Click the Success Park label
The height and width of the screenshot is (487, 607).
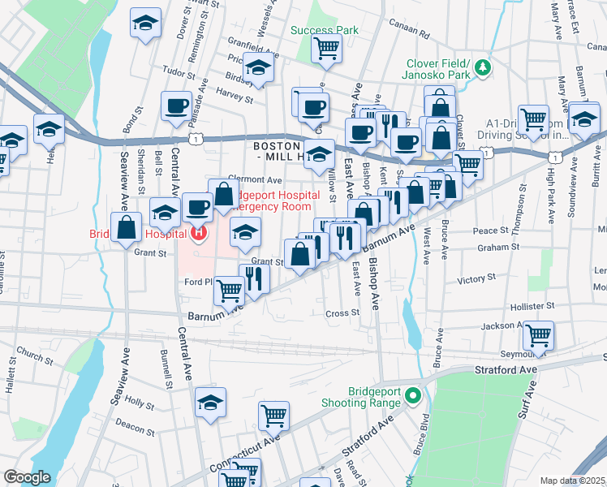pyautogui.click(x=325, y=30)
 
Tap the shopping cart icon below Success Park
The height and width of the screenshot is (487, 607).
pyautogui.click(x=326, y=48)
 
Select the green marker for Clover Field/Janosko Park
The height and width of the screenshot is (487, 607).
pyautogui.click(x=483, y=66)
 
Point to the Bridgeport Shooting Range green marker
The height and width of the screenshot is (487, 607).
pyautogui.click(x=413, y=396)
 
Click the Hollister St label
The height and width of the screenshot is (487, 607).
pyautogui.click(x=532, y=307)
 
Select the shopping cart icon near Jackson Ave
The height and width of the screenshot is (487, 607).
pyautogui.click(x=538, y=334)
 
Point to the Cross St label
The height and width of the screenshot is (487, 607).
pyautogui.click(x=342, y=312)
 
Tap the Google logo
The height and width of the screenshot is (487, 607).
pyautogui.click(x=27, y=477)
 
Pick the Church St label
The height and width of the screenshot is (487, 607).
pyautogui.click(x=33, y=355)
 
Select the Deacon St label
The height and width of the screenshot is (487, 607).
pyautogui.click(x=129, y=421)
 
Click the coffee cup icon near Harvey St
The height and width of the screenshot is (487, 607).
pyautogui.click(x=176, y=106)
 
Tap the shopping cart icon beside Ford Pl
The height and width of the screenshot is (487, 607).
pyautogui.click(x=230, y=288)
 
